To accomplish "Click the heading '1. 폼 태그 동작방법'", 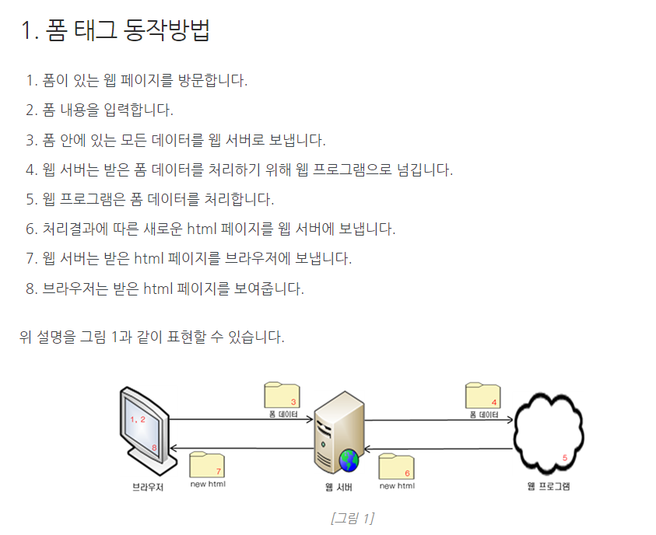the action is (116, 31).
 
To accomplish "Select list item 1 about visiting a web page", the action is (136, 80).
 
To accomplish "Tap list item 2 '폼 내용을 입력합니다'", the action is (100, 110).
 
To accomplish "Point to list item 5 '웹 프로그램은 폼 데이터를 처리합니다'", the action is (149, 199).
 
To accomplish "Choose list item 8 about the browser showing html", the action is (164, 288).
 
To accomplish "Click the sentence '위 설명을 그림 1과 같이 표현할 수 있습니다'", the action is (152, 337).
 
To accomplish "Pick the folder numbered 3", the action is (282, 396).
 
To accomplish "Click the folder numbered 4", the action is (482, 396).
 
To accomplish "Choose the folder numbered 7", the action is (207, 465).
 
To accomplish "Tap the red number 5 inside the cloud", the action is (565, 457).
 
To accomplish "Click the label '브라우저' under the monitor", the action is (148, 488).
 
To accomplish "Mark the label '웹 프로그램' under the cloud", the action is (548, 488).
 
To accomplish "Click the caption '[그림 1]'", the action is (352, 518).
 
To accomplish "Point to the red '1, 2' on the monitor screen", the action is (138, 419).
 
